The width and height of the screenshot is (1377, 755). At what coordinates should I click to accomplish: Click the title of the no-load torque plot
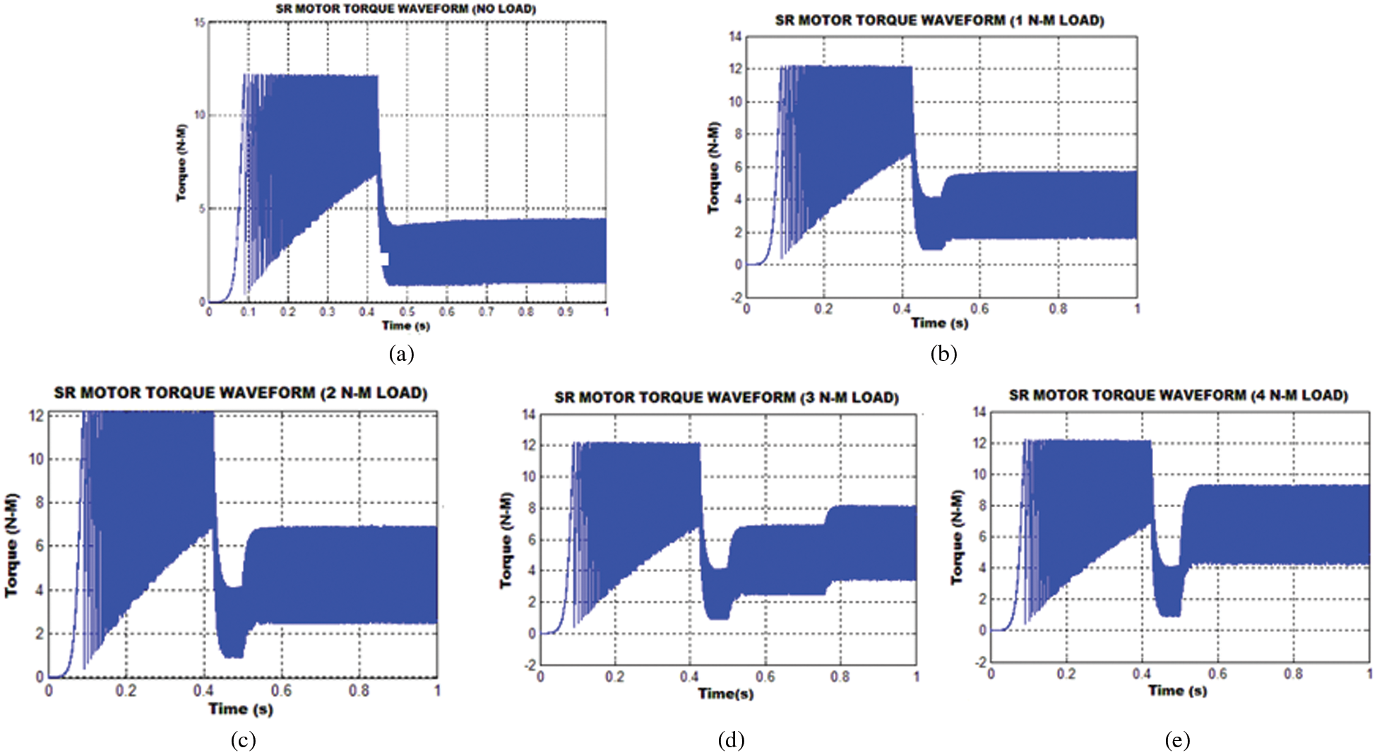coord(405,9)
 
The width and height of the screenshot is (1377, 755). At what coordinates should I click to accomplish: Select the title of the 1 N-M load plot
coord(939,20)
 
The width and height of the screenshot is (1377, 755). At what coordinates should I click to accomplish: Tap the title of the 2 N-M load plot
coord(241,393)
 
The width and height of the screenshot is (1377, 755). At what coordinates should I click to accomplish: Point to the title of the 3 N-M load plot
coord(727,398)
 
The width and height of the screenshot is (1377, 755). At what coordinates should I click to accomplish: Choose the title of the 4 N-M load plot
coord(1178,396)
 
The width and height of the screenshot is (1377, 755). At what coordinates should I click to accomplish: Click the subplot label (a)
coord(401,353)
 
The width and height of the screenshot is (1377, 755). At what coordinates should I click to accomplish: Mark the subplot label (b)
coord(943,353)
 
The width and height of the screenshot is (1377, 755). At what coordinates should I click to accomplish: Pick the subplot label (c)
coord(243,739)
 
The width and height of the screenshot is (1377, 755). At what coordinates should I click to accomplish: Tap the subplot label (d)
coord(731,739)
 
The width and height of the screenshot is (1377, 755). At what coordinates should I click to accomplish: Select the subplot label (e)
coord(1177,739)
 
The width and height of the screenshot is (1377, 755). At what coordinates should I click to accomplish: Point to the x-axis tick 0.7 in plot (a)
coord(486,311)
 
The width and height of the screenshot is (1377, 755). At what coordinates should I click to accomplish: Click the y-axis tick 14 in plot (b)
coord(735,37)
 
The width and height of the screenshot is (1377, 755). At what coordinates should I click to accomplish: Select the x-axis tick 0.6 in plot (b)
coord(979,309)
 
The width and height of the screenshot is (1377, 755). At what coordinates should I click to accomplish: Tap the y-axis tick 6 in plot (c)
coord(39,545)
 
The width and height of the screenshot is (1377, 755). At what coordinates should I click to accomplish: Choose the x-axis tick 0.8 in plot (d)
coord(840,677)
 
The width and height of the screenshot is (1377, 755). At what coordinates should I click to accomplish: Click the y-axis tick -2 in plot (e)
coord(979,662)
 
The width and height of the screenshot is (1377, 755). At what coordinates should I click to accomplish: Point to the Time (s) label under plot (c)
coord(241,708)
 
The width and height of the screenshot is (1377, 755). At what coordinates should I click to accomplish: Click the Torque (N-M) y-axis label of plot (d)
coord(506,540)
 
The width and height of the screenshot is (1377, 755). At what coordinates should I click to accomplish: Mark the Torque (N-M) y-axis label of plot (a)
coord(182,162)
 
